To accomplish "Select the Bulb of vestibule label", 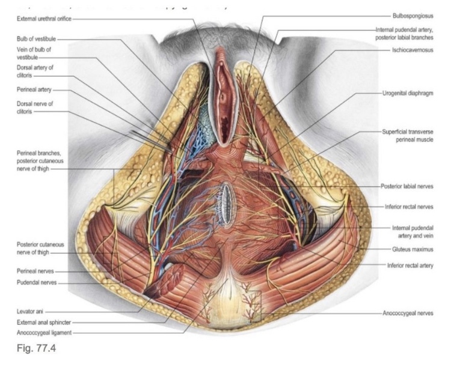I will pyautogui.click(x=35, y=38).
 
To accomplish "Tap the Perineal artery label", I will pyautogui.click(x=35, y=89).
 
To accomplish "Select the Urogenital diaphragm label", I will pyautogui.click(x=408, y=94).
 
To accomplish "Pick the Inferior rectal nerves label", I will pyautogui.click(x=409, y=207).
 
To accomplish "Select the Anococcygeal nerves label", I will pyautogui.click(x=407, y=313).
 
